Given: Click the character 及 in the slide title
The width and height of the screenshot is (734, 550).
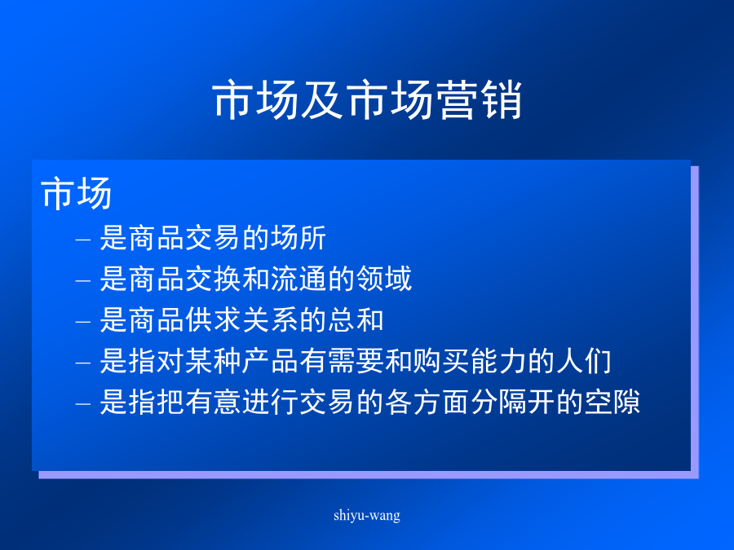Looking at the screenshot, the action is (x=322, y=99).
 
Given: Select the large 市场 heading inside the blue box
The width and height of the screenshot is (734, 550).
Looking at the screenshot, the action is (x=77, y=192).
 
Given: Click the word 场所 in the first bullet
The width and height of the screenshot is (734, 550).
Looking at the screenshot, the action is (x=298, y=238).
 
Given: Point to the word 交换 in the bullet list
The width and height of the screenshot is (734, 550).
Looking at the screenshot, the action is (x=214, y=279).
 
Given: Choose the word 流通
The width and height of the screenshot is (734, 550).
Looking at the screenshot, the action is (x=298, y=279).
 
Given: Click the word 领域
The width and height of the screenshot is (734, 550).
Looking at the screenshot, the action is (x=384, y=279).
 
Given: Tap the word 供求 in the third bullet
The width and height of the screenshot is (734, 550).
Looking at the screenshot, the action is (x=214, y=320).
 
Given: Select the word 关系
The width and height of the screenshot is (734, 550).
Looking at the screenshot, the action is (x=270, y=320).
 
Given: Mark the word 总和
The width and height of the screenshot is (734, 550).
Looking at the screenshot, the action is (x=356, y=320).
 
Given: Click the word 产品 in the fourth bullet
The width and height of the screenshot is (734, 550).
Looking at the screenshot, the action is (x=270, y=361).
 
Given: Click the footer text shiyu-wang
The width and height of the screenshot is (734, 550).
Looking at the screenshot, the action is (x=367, y=516).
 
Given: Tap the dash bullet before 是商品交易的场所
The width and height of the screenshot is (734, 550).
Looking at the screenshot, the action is (x=83, y=240).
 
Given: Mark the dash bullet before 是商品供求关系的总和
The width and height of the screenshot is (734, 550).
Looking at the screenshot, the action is (x=83, y=322).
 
